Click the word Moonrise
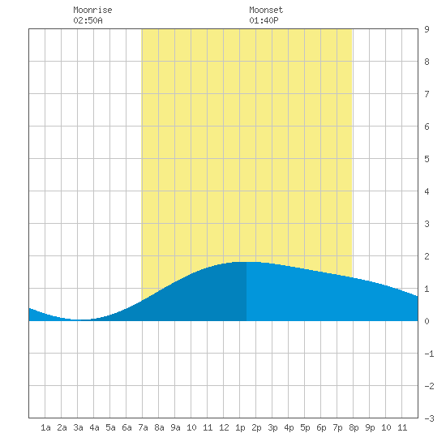[x=92, y=10]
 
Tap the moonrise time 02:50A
[x=88, y=20]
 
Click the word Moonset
[x=266, y=10]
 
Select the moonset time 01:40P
[x=264, y=20]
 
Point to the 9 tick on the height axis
[x=427, y=29]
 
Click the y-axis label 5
[x=427, y=159]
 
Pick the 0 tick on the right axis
[x=427, y=321]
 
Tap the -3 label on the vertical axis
[x=429, y=418]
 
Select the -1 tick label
[x=429, y=354]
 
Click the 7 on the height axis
[x=427, y=94]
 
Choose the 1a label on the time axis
[x=45, y=427]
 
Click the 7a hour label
[x=143, y=427]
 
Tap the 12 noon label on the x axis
[x=224, y=427]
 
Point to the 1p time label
[x=240, y=427]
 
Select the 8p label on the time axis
[x=354, y=427]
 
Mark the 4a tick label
[x=94, y=427]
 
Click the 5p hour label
[x=305, y=427]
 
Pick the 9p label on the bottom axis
[x=370, y=427]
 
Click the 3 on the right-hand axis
[x=427, y=224]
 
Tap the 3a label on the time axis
[x=78, y=427]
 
